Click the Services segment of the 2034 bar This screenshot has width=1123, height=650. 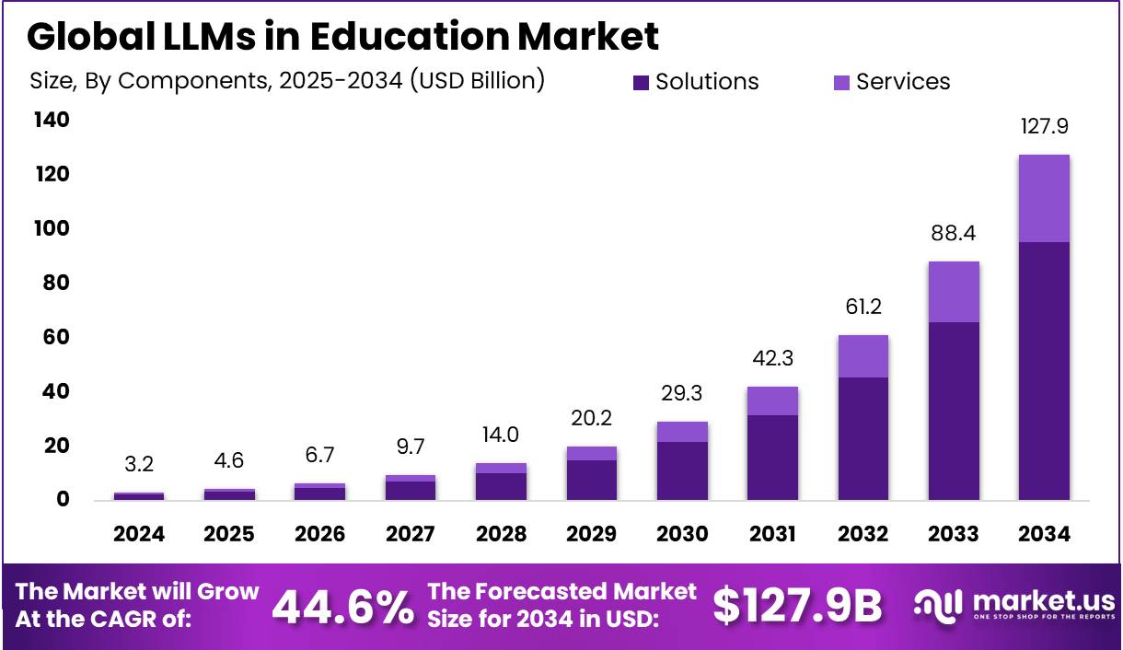point(1044,198)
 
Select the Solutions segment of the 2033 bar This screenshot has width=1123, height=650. point(954,411)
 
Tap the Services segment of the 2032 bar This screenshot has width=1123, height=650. point(863,356)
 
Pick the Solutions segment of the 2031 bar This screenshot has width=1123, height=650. point(772,458)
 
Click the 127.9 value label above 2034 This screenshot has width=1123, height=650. point(1044,127)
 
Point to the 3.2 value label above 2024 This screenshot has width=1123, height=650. point(139,465)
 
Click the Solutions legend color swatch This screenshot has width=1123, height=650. point(642,83)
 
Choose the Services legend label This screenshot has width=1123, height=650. point(902,82)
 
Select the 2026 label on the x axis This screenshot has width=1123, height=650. point(319,535)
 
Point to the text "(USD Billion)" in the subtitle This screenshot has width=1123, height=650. point(477,81)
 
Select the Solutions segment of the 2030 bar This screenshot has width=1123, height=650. point(682,470)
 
